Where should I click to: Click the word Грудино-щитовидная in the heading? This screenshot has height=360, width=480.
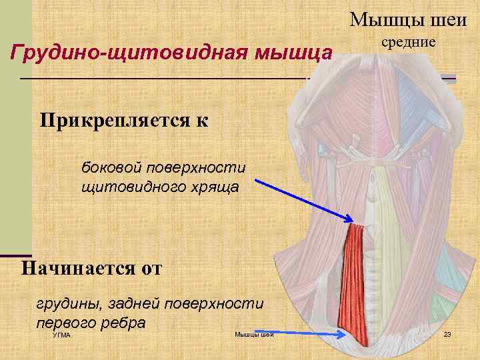(x=127, y=52)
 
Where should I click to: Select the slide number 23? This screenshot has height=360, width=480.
(x=447, y=334)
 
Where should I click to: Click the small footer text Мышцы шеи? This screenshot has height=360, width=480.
(x=254, y=335)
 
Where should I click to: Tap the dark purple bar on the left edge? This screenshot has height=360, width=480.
(x=15, y=255)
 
